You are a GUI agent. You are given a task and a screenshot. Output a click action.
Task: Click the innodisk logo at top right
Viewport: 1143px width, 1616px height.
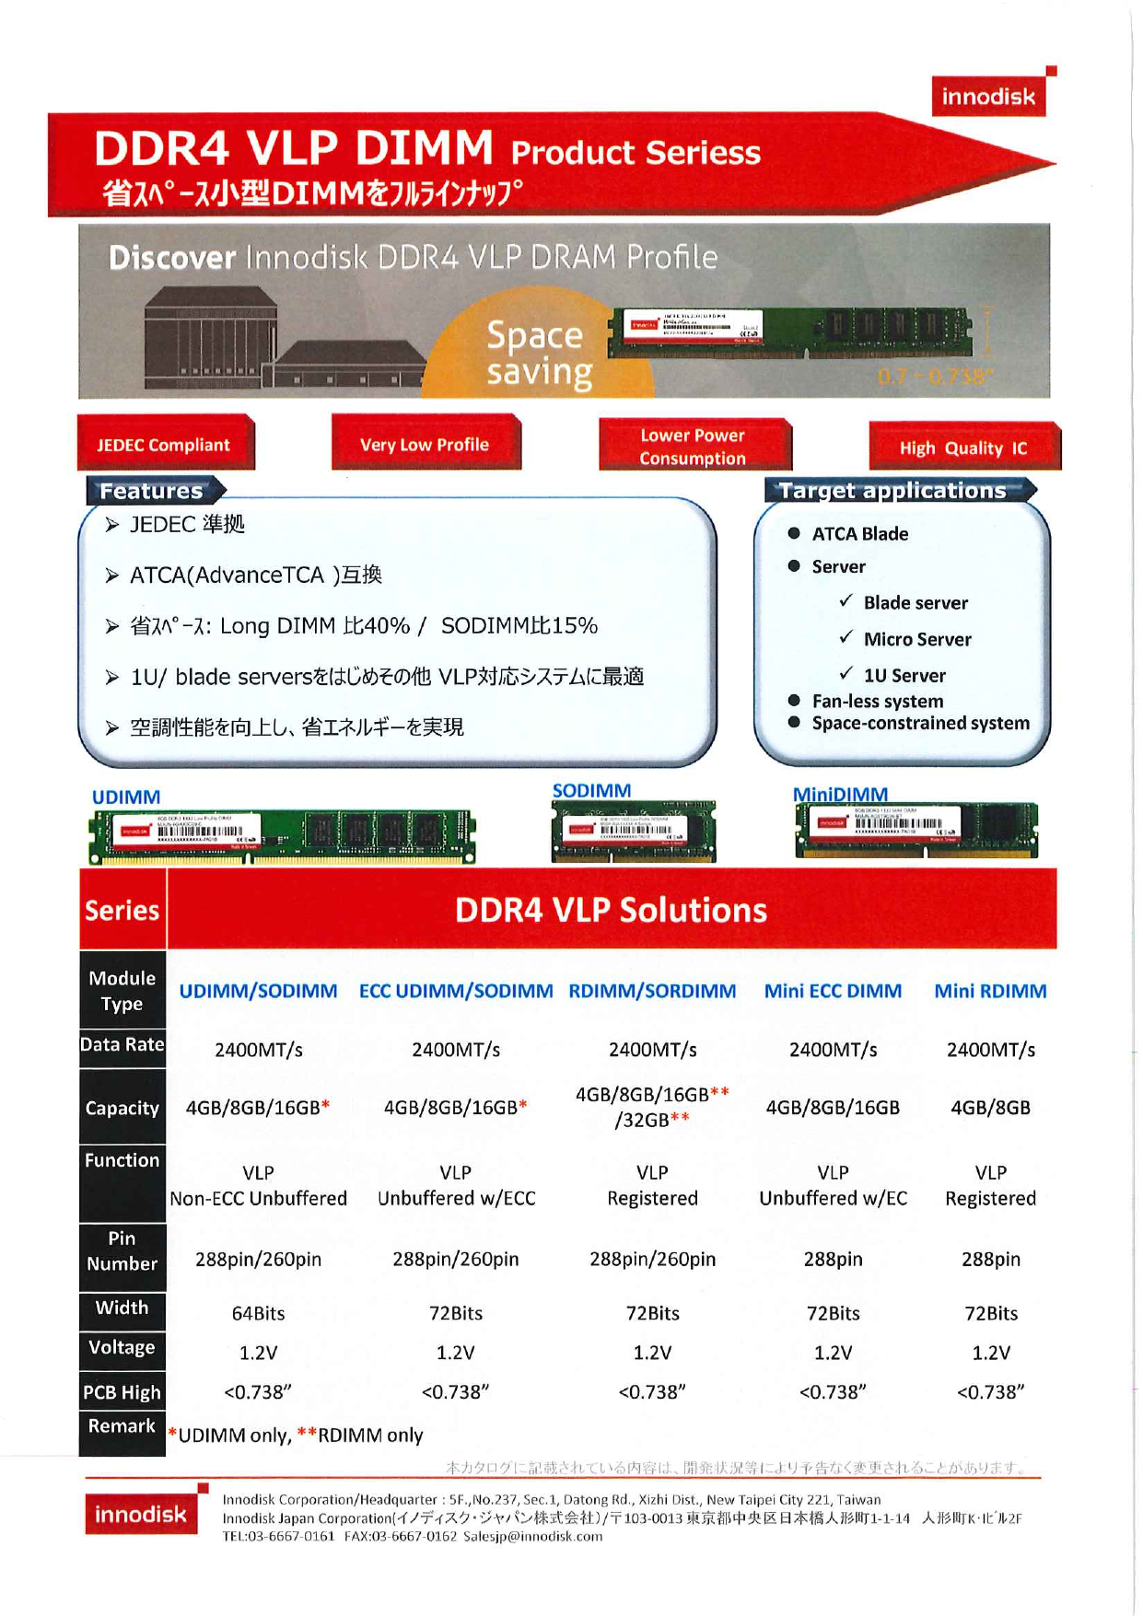tap(988, 96)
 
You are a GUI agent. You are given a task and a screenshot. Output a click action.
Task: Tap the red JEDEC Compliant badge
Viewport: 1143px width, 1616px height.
tap(164, 445)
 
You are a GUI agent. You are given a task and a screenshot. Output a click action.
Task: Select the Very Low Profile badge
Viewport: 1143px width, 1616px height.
tap(425, 444)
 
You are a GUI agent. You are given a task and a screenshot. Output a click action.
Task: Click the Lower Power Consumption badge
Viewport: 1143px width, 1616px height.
tap(693, 447)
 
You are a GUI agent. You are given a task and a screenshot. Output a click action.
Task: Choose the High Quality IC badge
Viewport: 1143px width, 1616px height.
tap(962, 448)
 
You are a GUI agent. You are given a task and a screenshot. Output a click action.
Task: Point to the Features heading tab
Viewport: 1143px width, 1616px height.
tap(152, 491)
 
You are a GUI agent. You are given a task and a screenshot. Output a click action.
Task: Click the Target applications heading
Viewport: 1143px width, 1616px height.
tap(893, 491)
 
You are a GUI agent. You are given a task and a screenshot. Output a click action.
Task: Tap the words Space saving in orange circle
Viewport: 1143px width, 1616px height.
tap(538, 353)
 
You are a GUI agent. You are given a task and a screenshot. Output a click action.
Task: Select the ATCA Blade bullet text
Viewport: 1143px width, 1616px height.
tap(859, 534)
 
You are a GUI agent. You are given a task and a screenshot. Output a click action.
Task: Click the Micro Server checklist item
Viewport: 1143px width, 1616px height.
tap(916, 639)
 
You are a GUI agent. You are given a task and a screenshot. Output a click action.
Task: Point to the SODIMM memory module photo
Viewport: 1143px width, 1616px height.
tap(633, 831)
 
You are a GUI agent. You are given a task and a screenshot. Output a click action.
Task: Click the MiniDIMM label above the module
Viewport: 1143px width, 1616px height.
tap(840, 794)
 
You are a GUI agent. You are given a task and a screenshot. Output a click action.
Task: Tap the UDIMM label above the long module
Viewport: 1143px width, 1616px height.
tap(126, 796)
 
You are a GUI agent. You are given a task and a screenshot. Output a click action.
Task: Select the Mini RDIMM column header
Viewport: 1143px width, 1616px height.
tap(990, 991)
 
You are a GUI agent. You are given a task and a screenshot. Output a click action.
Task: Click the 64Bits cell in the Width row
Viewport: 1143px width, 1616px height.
tap(258, 1313)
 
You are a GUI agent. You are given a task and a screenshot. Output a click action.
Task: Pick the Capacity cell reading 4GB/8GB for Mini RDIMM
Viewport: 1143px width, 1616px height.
tap(990, 1108)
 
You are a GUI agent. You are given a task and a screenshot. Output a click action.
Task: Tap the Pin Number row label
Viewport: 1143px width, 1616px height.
tap(122, 1251)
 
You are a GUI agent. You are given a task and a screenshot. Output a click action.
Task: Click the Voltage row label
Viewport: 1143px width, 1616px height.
tap(122, 1348)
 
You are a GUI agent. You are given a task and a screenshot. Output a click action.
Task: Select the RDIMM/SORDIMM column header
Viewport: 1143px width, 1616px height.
tap(652, 991)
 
